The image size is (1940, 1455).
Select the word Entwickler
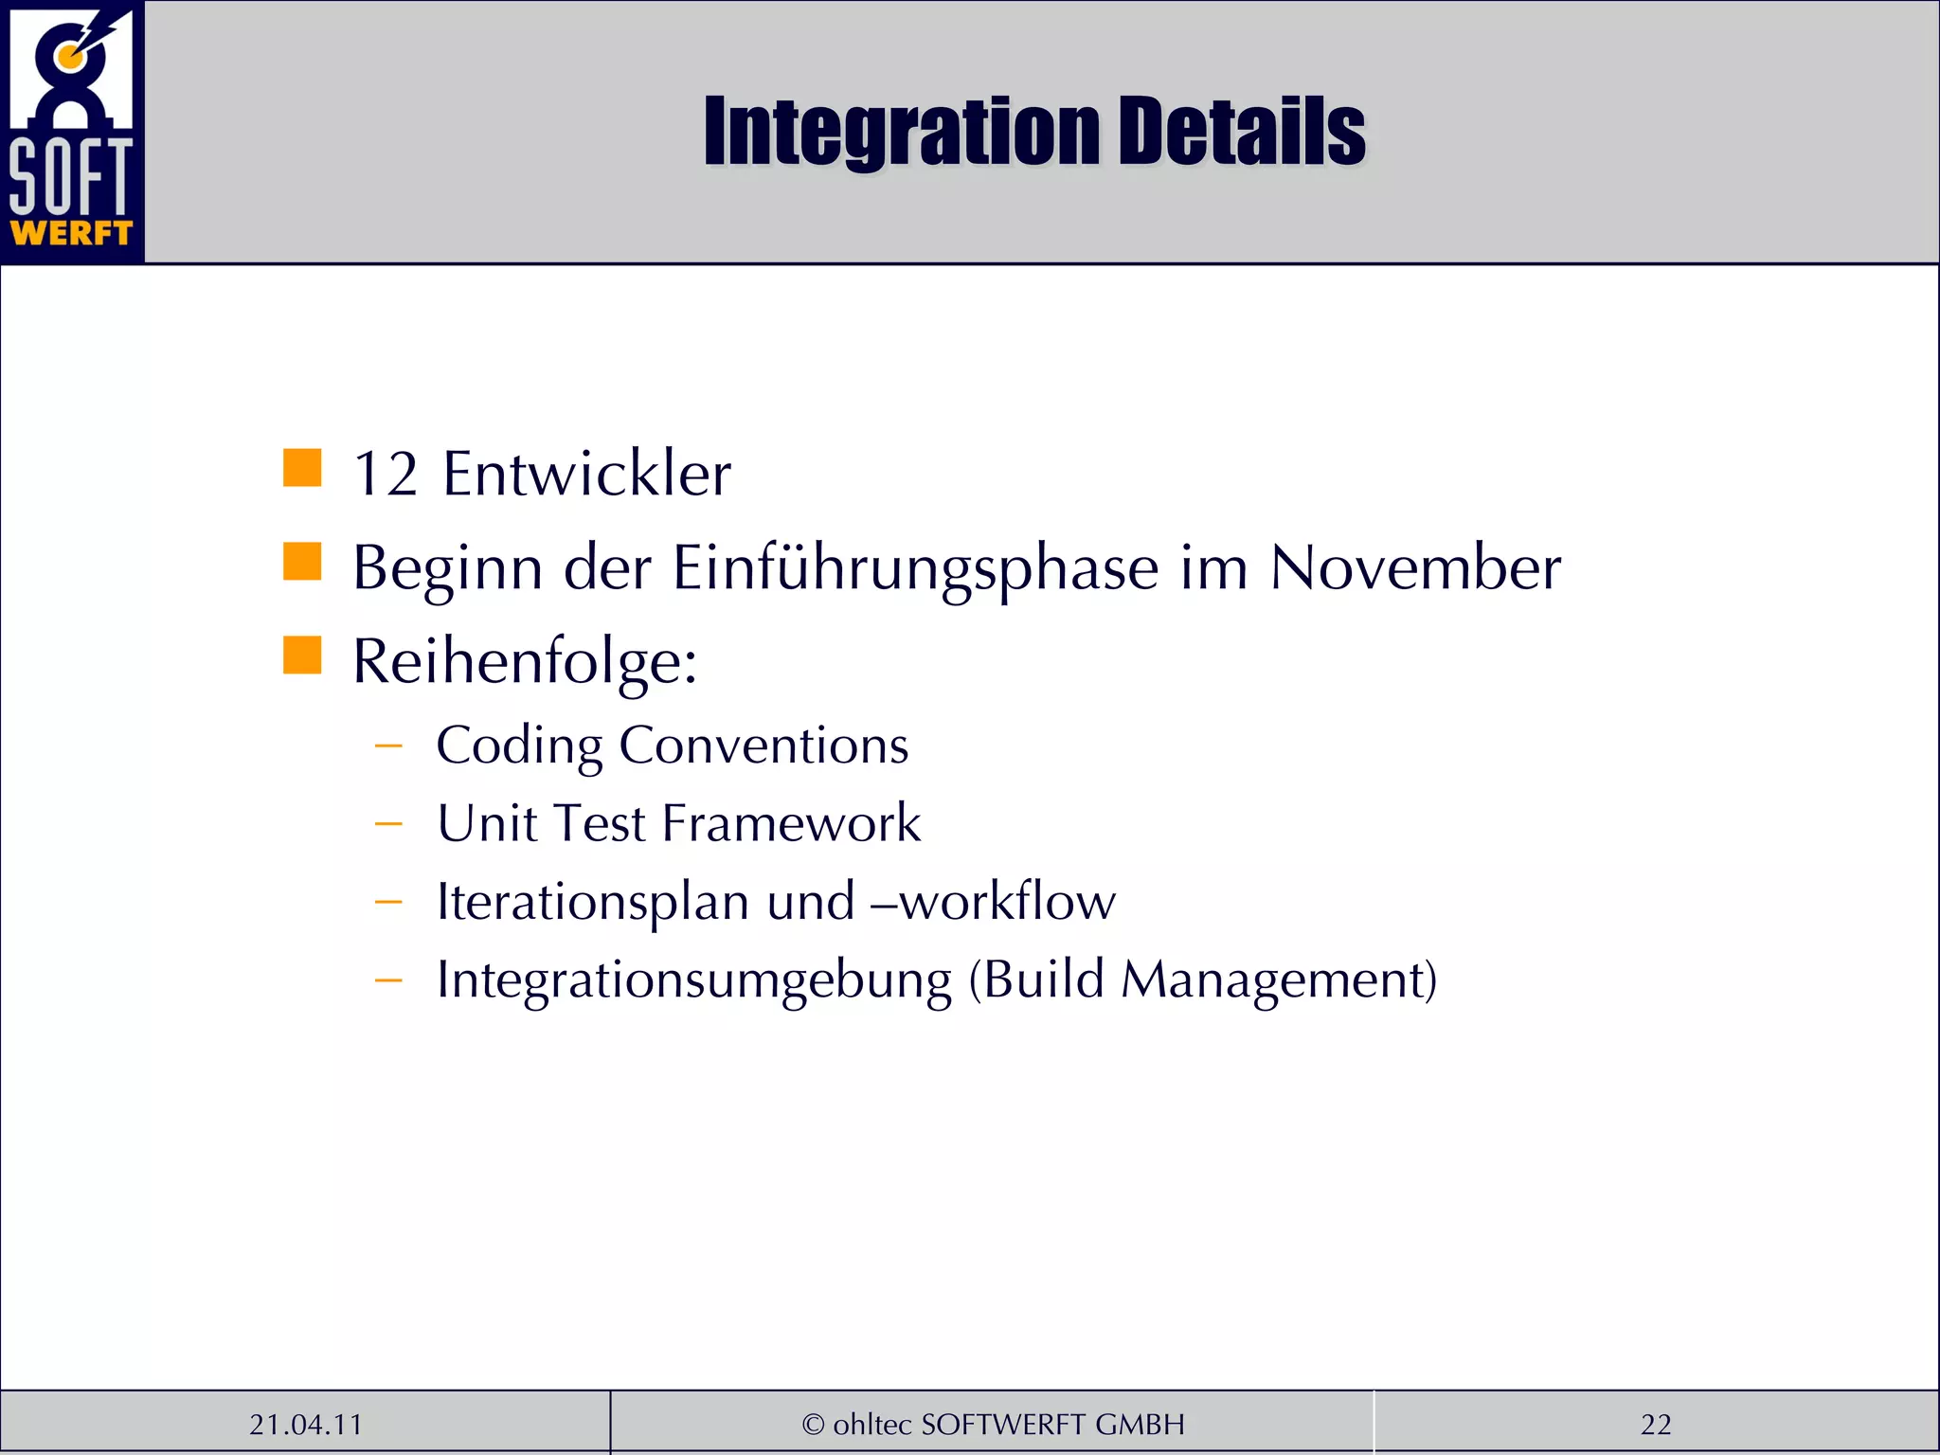pyautogui.click(x=586, y=474)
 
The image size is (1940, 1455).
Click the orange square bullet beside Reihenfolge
pyautogui.click(x=302, y=655)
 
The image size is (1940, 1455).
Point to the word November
pyautogui.click(x=1415, y=568)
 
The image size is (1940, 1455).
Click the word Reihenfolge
pyautogui.click(x=524, y=661)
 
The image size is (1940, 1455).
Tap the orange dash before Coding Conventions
pyautogui.click(x=388, y=746)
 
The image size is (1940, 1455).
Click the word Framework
pyautogui.click(x=791, y=823)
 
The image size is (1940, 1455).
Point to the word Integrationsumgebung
pyautogui.click(x=693, y=980)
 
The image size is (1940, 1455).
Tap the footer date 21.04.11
pyautogui.click(x=306, y=1425)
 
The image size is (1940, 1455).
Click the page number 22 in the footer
pyautogui.click(x=1656, y=1425)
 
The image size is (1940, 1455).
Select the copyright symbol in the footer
pyautogui.click(x=813, y=1425)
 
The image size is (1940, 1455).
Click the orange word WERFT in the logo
pyautogui.click(x=71, y=233)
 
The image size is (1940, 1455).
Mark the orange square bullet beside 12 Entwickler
pyautogui.click(x=302, y=468)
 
